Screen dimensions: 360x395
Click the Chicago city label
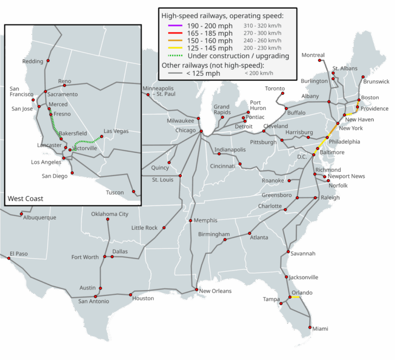pyautogui.click(x=185, y=131)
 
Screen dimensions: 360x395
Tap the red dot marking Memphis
pyautogui.click(x=190, y=221)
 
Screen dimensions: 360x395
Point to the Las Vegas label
pyautogui.click(x=116, y=131)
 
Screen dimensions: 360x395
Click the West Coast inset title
pyautogui.click(x=26, y=198)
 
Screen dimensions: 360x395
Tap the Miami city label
pyautogui.click(x=320, y=329)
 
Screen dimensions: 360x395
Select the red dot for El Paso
pyautogui.click(x=9, y=259)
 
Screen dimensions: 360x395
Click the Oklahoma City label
pyautogui.click(x=110, y=214)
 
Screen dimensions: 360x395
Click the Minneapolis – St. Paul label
pyautogui.click(x=159, y=91)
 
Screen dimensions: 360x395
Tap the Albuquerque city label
pyautogui.click(x=39, y=217)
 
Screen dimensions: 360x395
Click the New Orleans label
pyautogui.click(x=215, y=291)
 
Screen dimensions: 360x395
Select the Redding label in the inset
pyautogui.click(x=33, y=61)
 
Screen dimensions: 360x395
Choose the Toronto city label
pyautogui.click(x=275, y=88)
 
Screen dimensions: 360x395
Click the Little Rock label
pyautogui.click(x=144, y=228)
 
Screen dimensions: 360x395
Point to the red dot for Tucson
pyautogui.click(x=133, y=192)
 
